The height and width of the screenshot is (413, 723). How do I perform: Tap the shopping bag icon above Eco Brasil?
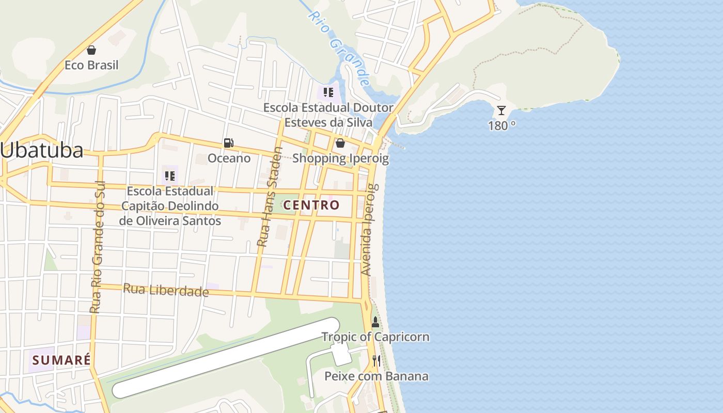coord(91,50)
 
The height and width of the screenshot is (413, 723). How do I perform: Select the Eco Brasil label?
coord(91,65)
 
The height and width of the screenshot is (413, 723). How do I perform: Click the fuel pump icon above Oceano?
coord(228,143)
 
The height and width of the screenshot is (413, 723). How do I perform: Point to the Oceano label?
coord(229,158)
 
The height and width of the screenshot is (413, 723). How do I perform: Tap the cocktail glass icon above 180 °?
coord(501,110)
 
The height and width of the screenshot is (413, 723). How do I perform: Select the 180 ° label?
coord(501,125)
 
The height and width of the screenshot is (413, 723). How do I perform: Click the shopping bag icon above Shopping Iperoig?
coord(340,143)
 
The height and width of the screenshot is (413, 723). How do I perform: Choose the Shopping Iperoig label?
coord(340,158)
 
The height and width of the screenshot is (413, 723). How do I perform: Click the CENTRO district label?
coord(312,205)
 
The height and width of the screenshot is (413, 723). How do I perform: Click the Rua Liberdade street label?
coord(166,290)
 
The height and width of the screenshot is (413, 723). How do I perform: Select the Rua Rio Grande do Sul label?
coord(97,247)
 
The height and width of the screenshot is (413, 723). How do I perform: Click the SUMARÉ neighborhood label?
coord(61,360)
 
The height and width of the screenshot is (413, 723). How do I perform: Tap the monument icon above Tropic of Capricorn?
coord(375,322)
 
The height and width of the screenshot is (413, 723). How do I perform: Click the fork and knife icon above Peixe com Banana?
coord(376,360)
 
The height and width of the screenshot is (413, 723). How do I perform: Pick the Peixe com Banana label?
coord(376,376)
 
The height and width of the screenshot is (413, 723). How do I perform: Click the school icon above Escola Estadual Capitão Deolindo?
coord(170,176)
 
